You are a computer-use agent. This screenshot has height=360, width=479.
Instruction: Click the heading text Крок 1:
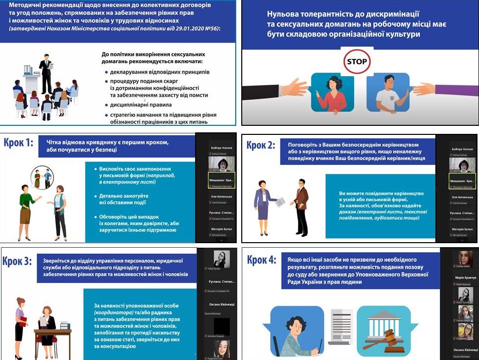point(19,143)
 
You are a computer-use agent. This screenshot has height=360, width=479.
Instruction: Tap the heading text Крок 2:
point(261,145)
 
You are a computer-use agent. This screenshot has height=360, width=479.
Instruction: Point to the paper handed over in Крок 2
point(281,201)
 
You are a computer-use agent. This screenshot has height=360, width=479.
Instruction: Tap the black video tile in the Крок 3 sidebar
point(221,326)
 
